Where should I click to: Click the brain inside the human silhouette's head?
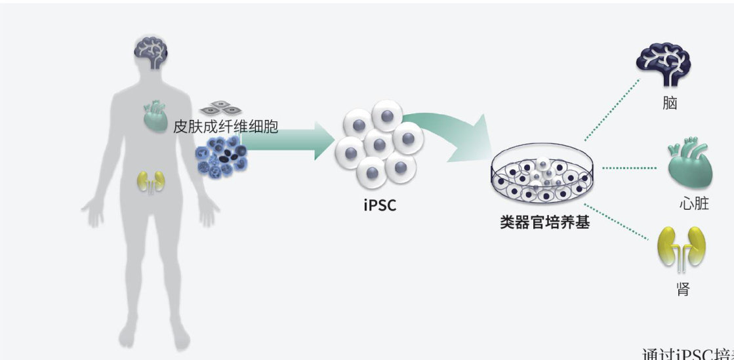pyautogui.click(x=152, y=52)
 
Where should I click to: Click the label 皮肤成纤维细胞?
pyautogui.click(x=226, y=127)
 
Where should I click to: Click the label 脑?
pyautogui.click(x=669, y=103)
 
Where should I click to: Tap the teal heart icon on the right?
pyautogui.click(x=689, y=166)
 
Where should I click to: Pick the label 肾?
pyautogui.click(x=683, y=289)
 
